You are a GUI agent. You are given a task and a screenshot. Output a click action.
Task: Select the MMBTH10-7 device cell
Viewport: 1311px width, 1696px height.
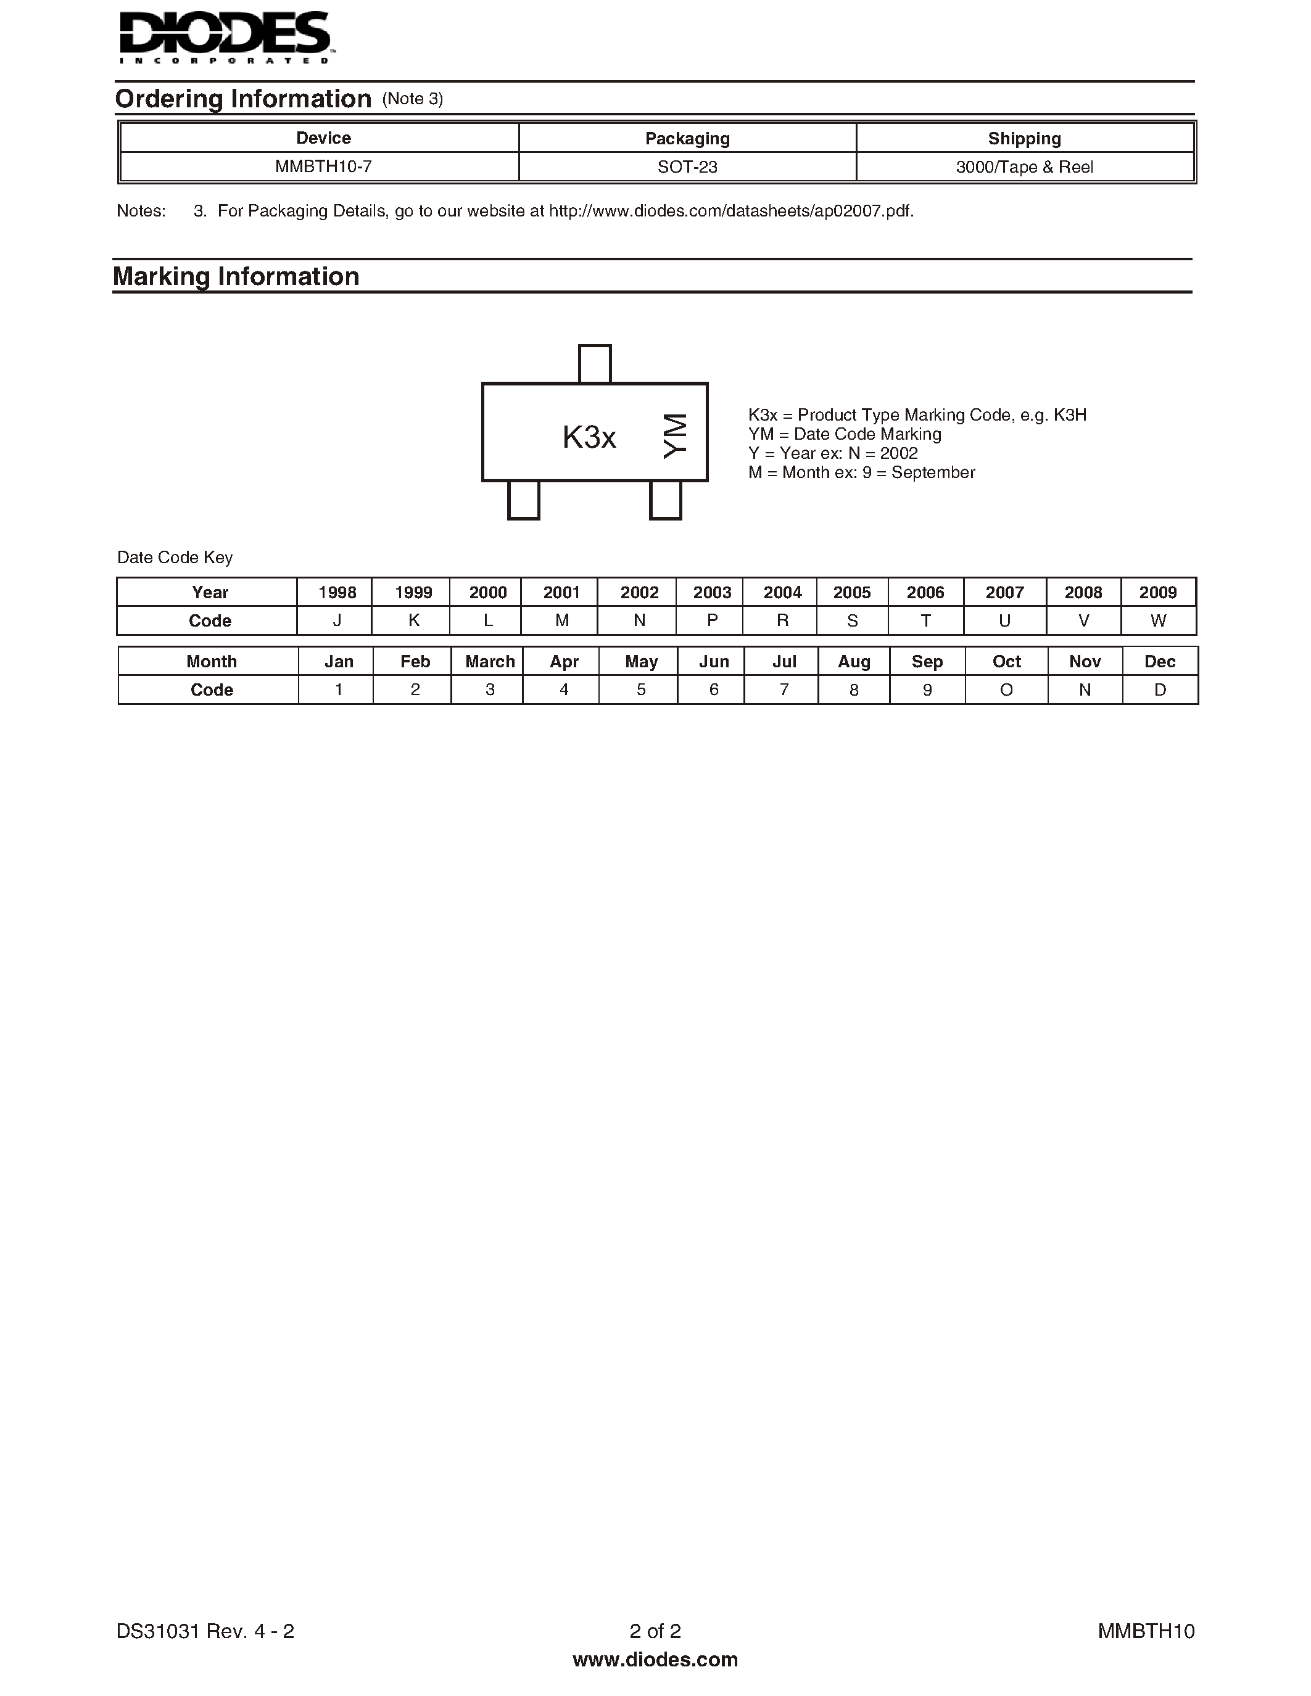pyautogui.click(x=323, y=167)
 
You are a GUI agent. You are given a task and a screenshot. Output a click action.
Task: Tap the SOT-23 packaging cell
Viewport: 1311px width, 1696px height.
pyautogui.click(x=687, y=167)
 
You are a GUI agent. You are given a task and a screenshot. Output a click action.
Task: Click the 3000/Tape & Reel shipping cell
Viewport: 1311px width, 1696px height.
pyautogui.click(x=1024, y=167)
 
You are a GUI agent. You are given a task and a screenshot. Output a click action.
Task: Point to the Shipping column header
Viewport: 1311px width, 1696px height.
pyautogui.click(x=1024, y=138)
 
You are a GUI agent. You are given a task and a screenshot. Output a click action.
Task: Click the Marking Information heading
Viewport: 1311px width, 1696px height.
pyautogui.click(x=236, y=276)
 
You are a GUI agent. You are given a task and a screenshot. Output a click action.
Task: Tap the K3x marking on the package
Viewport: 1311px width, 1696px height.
pyautogui.click(x=589, y=438)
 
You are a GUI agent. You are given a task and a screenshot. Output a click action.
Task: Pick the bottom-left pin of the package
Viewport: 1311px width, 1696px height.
pyautogui.click(x=523, y=500)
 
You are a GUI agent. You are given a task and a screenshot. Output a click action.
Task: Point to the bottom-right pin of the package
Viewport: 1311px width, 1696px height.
pyautogui.click(x=666, y=500)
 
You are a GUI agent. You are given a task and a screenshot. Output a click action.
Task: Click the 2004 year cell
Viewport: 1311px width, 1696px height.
pyautogui.click(x=782, y=593)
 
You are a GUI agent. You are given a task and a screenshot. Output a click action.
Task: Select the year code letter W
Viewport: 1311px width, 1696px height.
pyautogui.click(x=1158, y=621)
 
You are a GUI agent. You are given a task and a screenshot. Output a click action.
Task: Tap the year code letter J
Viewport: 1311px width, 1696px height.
pyautogui.click(x=337, y=621)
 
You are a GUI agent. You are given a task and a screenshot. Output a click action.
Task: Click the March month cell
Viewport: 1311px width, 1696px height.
pyautogui.click(x=489, y=662)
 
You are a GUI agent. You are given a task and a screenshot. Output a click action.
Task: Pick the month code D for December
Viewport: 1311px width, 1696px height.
pyautogui.click(x=1160, y=690)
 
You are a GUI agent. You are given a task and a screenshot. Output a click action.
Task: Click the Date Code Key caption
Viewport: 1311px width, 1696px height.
pyautogui.click(x=175, y=558)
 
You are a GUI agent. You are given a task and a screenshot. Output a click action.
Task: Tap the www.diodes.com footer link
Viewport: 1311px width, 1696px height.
pyautogui.click(x=655, y=1660)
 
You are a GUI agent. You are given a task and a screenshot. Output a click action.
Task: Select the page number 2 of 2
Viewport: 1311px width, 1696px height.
pyautogui.click(x=655, y=1631)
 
